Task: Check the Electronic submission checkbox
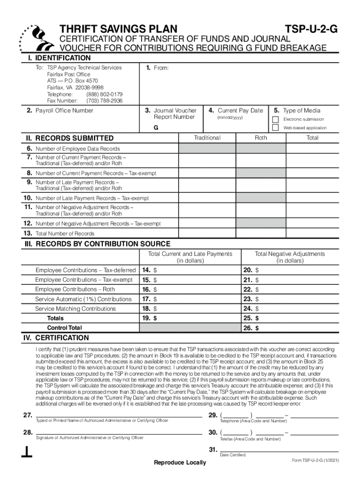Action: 275,119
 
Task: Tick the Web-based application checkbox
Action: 275,127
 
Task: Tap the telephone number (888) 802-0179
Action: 104,94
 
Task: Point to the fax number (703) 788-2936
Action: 104,101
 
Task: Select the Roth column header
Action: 261,138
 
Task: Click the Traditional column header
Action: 207,138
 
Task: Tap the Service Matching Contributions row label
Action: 75,309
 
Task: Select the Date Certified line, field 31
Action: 279,450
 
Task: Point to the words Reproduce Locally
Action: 180,463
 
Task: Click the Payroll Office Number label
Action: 63,111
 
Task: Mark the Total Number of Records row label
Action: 65,233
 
